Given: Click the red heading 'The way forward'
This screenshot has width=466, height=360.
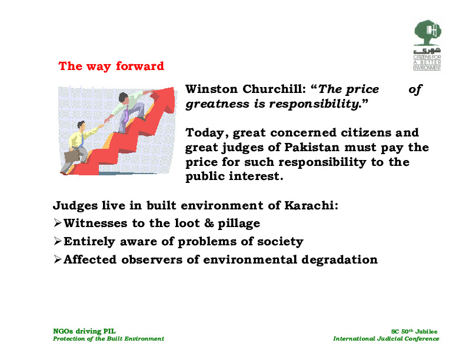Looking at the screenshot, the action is click(x=111, y=66).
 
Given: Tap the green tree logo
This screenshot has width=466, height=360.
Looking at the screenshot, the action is click(x=427, y=33).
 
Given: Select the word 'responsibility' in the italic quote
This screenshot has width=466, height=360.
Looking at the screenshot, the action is click(x=314, y=104).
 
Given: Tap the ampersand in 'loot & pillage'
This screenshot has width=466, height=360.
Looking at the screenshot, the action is click(x=209, y=224).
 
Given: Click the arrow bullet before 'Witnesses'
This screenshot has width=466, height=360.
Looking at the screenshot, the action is click(x=58, y=223).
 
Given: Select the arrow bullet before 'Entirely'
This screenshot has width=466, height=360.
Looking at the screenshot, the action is click(x=58, y=241).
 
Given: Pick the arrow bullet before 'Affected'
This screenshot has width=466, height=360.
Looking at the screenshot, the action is click(x=58, y=259).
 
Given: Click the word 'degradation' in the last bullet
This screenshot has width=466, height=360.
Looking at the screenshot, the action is click(x=339, y=260).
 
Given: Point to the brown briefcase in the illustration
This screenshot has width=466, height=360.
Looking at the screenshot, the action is click(x=72, y=156).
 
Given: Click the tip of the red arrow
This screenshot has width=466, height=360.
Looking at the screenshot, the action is click(x=173, y=87).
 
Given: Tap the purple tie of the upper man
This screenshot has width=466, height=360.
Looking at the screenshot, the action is click(x=127, y=114).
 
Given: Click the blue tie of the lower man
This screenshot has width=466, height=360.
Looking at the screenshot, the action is click(x=81, y=141).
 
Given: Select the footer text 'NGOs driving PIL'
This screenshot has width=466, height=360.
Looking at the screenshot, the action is click(x=84, y=331).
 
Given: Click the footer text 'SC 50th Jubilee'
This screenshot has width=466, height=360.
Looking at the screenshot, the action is click(x=414, y=332).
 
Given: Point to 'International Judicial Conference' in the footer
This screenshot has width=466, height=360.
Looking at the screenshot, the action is click(x=386, y=339).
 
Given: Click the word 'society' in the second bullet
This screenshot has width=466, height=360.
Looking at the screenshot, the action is click(x=280, y=242).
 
